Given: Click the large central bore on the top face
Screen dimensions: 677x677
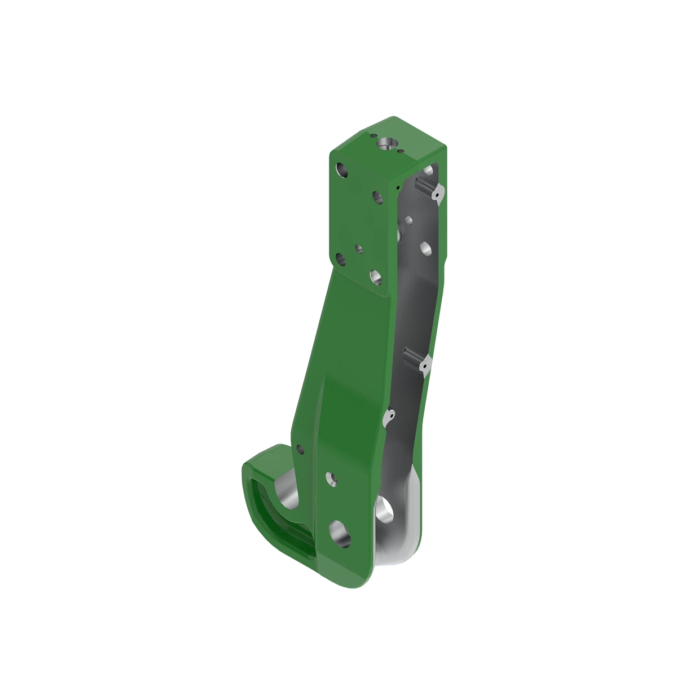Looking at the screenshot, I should coord(385,144).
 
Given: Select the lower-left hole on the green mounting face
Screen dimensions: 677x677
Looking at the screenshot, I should coord(340,258).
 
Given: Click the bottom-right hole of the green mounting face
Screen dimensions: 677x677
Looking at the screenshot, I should coord(375,276).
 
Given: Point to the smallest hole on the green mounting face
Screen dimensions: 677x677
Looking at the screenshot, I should coord(357,247).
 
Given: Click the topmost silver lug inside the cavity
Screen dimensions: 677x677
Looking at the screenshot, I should coord(437,194).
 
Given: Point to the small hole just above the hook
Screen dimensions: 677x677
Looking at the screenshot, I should coord(300,449).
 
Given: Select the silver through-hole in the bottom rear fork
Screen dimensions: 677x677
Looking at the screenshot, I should coord(385,508).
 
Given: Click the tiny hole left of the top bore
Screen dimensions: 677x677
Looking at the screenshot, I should coord(372,136).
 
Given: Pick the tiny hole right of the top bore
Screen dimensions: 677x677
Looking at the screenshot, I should coord(400,151).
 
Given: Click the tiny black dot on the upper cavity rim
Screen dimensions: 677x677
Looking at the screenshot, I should coord(398,187).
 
